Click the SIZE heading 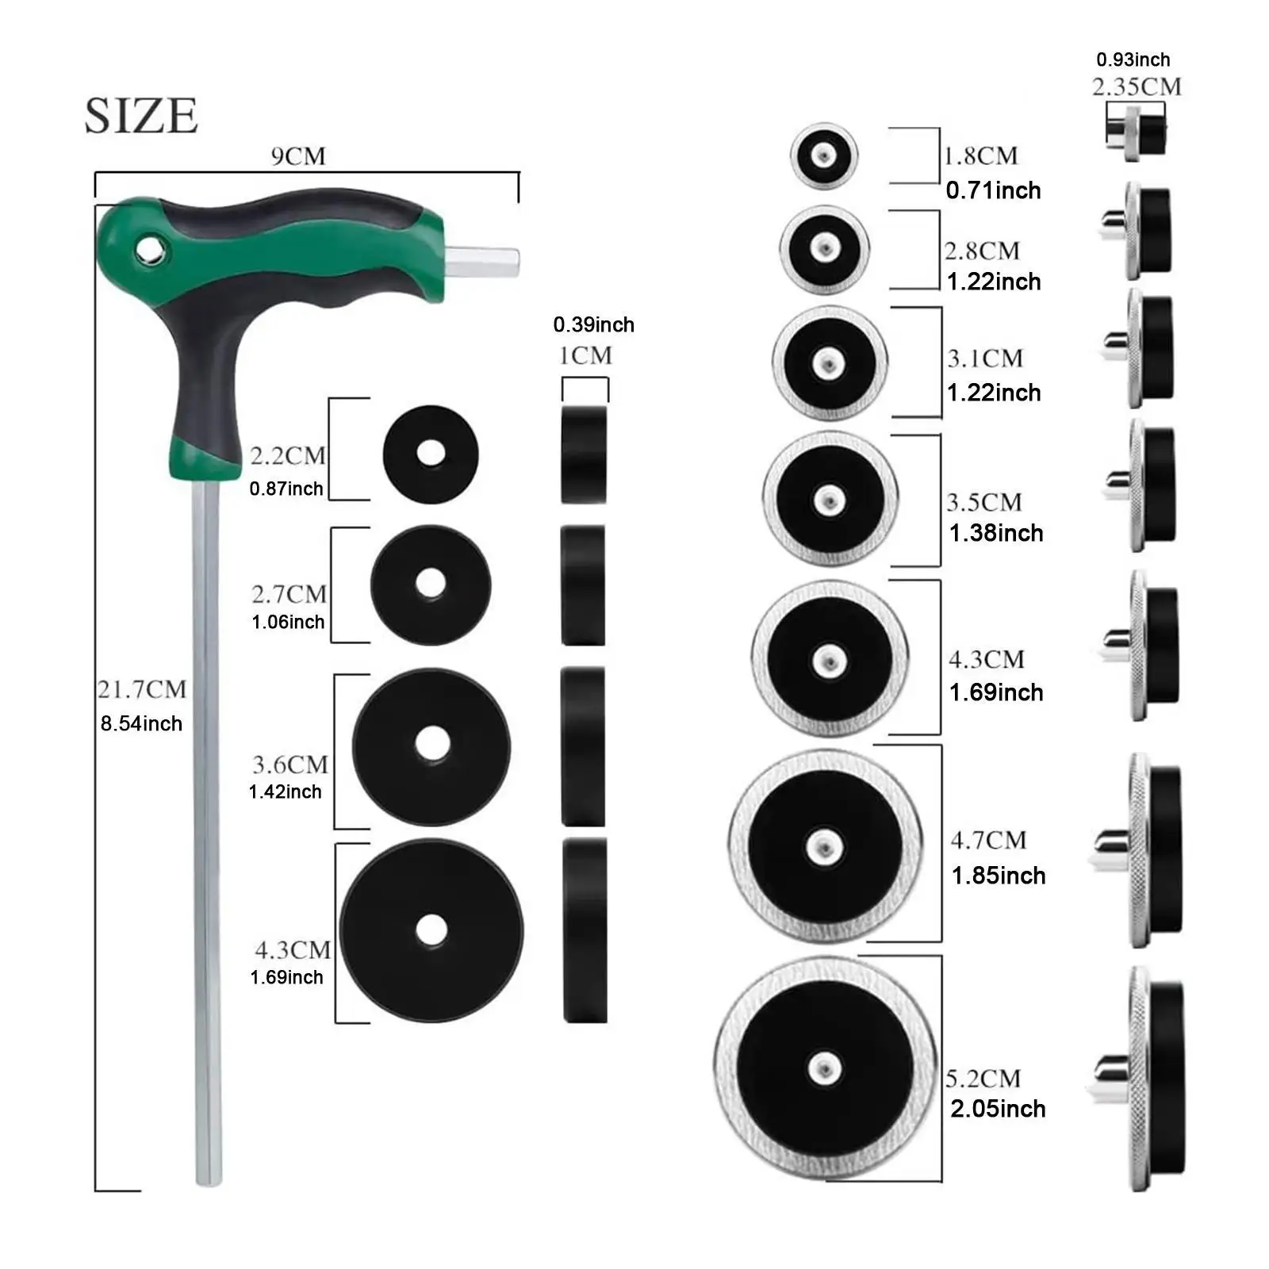(x=141, y=116)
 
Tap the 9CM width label (x=298, y=156)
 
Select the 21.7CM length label (x=142, y=689)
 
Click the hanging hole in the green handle (x=148, y=251)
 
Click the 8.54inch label (x=141, y=723)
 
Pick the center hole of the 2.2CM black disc (x=431, y=454)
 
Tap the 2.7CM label (x=289, y=594)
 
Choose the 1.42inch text (x=286, y=792)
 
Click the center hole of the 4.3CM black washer (x=431, y=930)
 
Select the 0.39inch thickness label (x=593, y=324)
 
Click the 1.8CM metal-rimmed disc (x=824, y=155)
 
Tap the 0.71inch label (x=993, y=190)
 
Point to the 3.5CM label (x=984, y=502)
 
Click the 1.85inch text (x=999, y=876)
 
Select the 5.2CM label (x=983, y=1079)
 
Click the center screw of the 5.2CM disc (x=825, y=1068)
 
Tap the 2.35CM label (x=1137, y=86)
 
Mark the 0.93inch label (x=1133, y=59)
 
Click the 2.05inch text (x=998, y=1109)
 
